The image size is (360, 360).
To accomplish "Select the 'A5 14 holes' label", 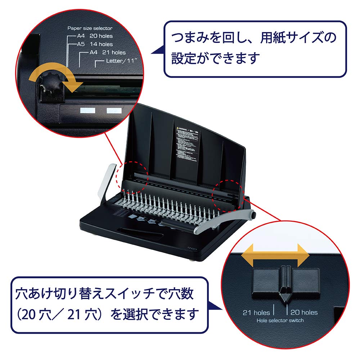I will click(95, 44).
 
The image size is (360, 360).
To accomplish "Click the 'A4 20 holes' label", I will click(95, 36).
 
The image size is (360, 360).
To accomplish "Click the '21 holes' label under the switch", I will click(257, 312).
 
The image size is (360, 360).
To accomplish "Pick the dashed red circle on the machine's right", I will click(230, 193).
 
